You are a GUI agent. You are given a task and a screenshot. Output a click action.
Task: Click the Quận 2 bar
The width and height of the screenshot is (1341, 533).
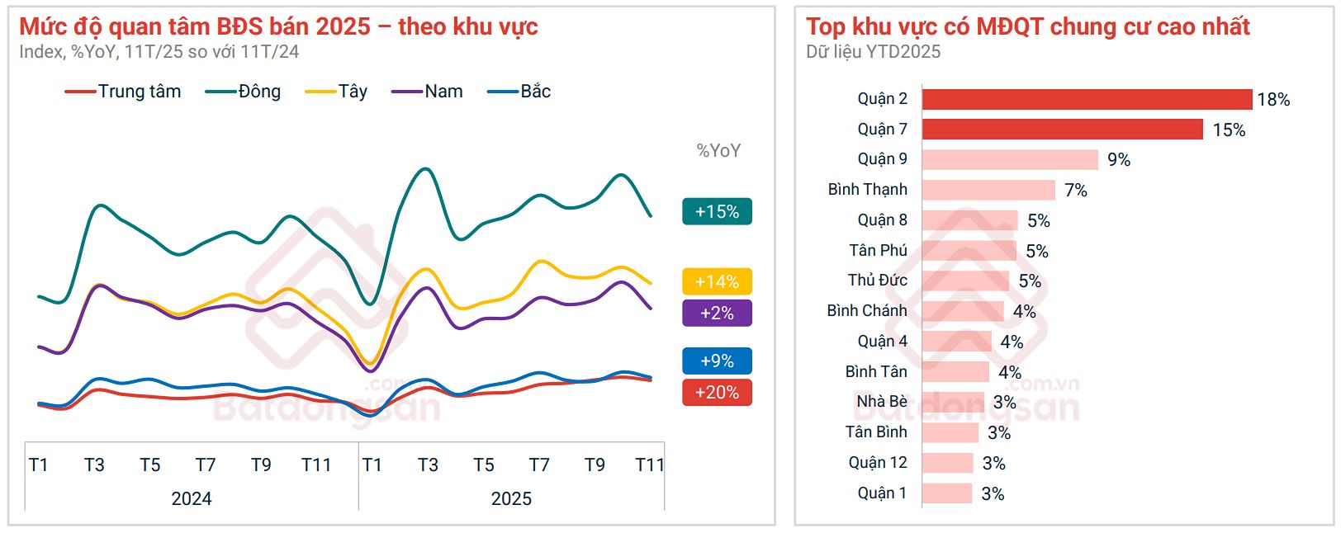click(x=1087, y=99)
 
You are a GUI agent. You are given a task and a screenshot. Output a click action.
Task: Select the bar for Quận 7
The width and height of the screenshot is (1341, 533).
click(x=1062, y=130)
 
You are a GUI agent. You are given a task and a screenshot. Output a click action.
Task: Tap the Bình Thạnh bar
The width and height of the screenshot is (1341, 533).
click(x=988, y=190)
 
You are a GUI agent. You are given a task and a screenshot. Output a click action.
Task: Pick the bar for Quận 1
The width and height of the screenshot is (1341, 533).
click(x=947, y=493)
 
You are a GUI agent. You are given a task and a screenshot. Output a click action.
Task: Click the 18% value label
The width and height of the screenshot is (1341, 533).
click(x=1273, y=100)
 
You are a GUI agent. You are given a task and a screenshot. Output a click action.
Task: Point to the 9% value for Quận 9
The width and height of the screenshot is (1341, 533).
click(x=1119, y=160)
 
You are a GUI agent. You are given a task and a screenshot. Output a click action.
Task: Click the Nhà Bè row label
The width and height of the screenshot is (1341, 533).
click(x=881, y=402)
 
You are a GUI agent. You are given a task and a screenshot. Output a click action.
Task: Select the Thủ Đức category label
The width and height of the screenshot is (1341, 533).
click(x=877, y=281)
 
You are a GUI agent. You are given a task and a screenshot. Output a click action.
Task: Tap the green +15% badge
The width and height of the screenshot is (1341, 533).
click(x=717, y=212)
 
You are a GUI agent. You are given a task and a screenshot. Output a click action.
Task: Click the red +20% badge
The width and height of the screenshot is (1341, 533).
click(x=717, y=393)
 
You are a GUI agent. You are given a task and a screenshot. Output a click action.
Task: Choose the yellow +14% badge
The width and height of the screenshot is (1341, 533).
click(x=717, y=282)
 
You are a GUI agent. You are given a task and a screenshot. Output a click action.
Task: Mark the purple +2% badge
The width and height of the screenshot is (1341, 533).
click(x=717, y=314)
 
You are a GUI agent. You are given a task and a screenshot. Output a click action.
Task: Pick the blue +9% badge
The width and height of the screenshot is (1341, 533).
click(x=717, y=361)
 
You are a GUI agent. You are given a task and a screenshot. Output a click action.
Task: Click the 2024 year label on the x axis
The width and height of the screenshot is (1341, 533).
click(x=192, y=498)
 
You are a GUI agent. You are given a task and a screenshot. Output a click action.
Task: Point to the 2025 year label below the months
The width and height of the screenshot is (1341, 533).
click(x=511, y=498)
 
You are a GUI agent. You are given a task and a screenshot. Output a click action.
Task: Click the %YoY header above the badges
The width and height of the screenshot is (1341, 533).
click(x=718, y=151)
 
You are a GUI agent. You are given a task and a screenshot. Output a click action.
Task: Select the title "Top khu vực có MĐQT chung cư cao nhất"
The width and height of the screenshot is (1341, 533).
click(x=1028, y=27)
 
